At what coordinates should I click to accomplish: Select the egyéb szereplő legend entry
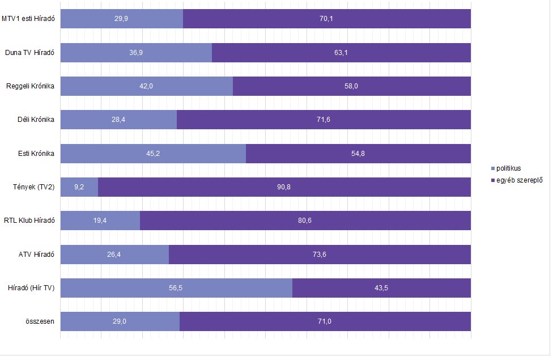516,180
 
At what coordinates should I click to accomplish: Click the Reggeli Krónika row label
30,86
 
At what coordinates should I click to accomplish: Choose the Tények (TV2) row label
33,187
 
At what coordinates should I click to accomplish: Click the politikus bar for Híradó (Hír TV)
176,288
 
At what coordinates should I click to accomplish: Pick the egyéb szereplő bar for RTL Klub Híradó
305,221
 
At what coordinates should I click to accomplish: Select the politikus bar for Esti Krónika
153,154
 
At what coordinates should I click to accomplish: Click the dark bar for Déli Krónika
324,120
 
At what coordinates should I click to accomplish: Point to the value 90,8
284,187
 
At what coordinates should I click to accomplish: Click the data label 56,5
176,288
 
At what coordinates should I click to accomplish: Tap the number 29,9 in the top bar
121,19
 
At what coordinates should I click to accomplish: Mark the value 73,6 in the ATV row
320,255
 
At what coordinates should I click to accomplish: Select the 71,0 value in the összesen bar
325,321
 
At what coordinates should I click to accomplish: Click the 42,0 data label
146,86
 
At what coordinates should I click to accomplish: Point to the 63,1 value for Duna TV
341,53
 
